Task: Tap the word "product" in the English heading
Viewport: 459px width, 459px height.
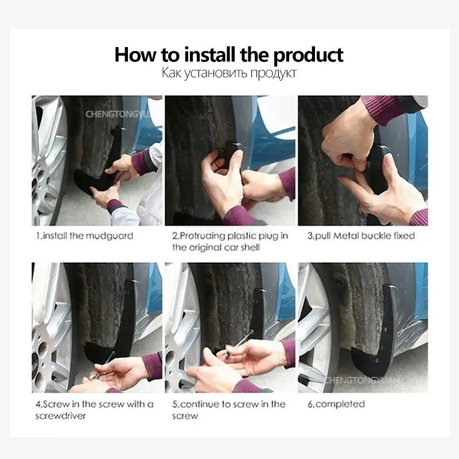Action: pos(308,56)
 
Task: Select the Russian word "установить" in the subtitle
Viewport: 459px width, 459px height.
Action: pos(216,73)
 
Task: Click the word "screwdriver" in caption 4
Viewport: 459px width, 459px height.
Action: pos(61,415)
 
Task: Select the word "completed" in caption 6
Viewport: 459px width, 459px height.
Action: pos(340,404)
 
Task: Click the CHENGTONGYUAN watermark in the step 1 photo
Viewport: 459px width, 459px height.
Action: pos(118,114)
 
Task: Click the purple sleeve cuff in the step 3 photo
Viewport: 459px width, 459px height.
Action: pos(383,110)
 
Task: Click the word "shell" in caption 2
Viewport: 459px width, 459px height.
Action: pos(250,248)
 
